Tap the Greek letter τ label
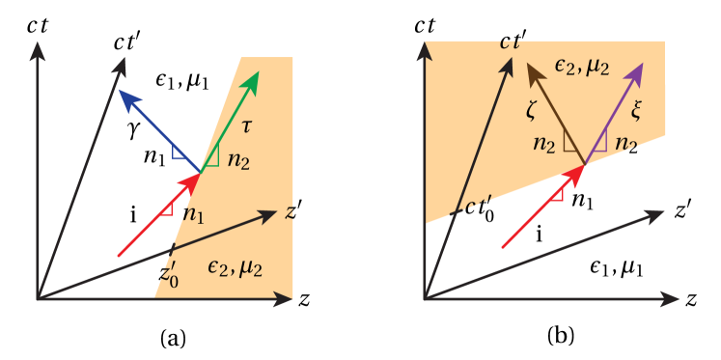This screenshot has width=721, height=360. click(247, 126)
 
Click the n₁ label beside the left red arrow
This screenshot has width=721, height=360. click(194, 213)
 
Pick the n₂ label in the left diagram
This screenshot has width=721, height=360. click(238, 160)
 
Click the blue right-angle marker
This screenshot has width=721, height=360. click(180, 152)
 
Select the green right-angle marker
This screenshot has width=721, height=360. click(212, 155)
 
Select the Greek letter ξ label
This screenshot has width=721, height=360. click(635, 110)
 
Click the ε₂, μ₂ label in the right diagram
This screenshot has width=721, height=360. click(582, 65)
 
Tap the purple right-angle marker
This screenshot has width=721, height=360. click(598, 144)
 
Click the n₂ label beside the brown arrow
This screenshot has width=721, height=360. click(544, 144)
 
